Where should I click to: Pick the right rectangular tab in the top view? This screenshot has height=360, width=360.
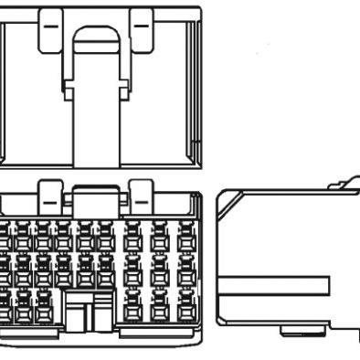tap(141, 27)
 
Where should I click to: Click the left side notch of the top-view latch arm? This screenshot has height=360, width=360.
tap(65, 90)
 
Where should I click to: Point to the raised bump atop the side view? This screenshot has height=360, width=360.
tap(342, 185)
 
